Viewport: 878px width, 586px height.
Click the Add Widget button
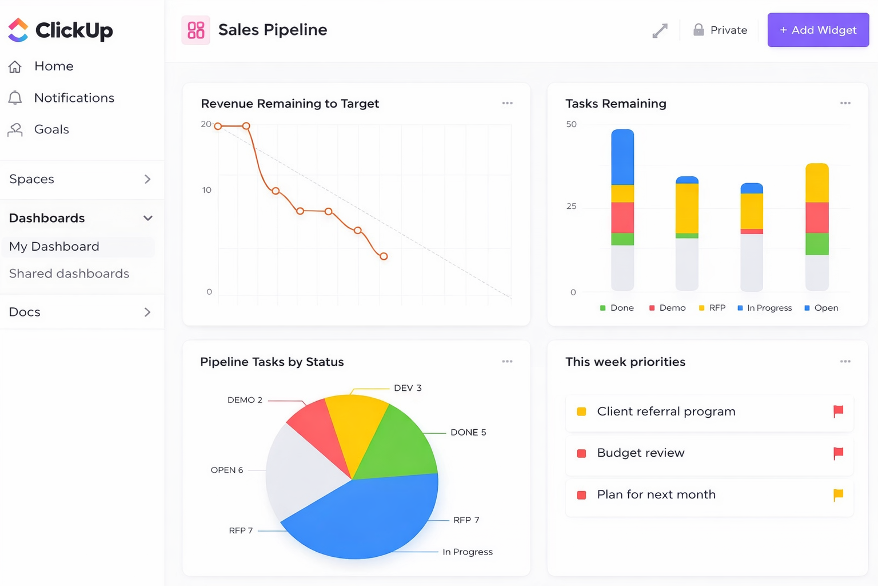(x=818, y=30)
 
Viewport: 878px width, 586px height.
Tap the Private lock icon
(x=699, y=30)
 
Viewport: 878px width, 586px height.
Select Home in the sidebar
(x=54, y=66)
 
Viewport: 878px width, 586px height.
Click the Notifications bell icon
(x=15, y=98)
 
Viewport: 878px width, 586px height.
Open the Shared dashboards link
(x=69, y=274)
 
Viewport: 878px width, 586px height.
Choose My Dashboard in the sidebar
(x=54, y=247)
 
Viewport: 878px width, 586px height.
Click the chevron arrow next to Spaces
(x=147, y=179)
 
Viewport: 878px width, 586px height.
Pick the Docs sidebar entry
(x=25, y=312)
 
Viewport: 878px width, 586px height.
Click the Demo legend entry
(x=667, y=308)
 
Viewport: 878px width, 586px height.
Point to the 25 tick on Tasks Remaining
(x=571, y=206)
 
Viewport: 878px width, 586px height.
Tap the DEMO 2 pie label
(x=245, y=400)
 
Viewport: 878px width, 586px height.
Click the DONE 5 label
(x=468, y=432)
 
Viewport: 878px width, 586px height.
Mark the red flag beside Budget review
(x=838, y=453)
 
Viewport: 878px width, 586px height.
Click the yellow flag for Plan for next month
(x=838, y=494)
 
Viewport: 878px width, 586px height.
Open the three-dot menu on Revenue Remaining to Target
(x=507, y=104)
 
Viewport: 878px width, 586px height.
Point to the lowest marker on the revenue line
(x=384, y=256)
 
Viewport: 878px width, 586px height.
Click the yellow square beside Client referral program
(x=581, y=411)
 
